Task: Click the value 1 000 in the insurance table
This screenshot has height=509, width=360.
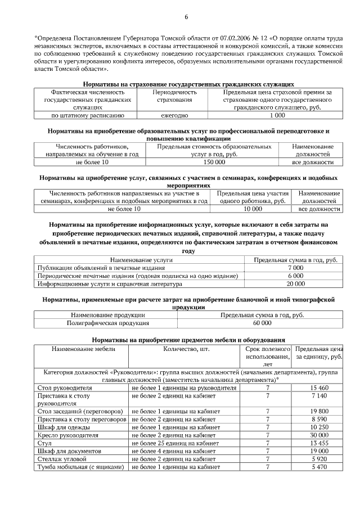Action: [277, 115]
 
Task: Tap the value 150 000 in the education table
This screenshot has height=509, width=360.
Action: [214, 162]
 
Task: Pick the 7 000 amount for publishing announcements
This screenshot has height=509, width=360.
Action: [295, 268]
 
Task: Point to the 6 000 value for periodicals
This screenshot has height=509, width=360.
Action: [295, 276]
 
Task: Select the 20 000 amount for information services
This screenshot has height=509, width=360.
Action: [295, 284]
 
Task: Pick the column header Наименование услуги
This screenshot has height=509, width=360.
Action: [141, 260]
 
